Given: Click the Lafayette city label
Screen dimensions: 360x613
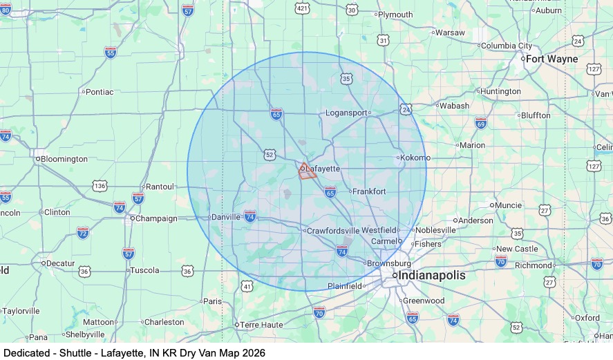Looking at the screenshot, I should pos(323,169).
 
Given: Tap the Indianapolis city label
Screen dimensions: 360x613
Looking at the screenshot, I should pos(430,275).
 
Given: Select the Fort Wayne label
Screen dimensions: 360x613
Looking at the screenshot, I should pos(551,59).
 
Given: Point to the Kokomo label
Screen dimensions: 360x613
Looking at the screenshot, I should pos(416,158).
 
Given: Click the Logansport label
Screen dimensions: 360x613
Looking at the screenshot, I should pos(347,112).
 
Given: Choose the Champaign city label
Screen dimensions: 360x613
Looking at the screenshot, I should pos(155,218).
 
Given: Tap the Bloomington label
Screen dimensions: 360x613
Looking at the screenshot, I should pos(64,159).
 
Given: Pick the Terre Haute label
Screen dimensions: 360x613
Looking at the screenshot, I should pos(262,324).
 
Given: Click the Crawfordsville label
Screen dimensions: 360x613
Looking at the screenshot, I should pos(334,230).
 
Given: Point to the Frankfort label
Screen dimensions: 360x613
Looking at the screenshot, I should pos(369,191).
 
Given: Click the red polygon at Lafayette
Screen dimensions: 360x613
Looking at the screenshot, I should pos(307,172).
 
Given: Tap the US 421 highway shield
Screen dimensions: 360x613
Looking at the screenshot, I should pos(302,8).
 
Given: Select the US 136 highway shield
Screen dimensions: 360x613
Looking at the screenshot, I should pos(100,186).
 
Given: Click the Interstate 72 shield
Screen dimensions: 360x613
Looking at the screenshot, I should pos(83,232).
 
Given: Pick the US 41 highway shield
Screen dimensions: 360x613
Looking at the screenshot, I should pos(247,285).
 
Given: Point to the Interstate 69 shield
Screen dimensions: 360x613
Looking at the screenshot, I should pos(481,123).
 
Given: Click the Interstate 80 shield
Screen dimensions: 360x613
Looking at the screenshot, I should pos(6,9).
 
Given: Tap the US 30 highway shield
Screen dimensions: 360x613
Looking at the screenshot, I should pos(352,9).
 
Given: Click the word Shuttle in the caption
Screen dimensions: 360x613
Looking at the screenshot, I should pos(75,352).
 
